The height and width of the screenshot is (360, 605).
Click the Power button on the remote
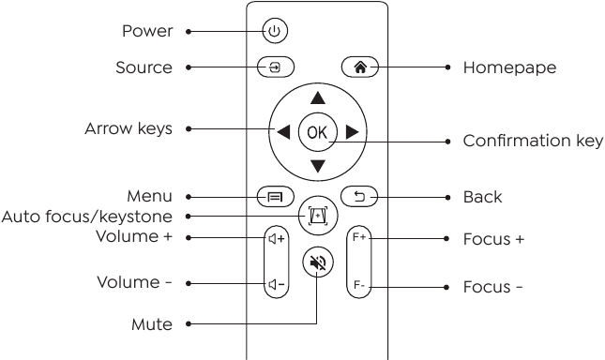(x=273, y=32)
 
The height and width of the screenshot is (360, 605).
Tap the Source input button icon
(x=275, y=68)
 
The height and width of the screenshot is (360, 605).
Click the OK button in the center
(x=317, y=132)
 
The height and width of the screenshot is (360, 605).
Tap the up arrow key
(x=317, y=97)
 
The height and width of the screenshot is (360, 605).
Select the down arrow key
(x=317, y=167)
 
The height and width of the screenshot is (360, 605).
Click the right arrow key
(x=353, y=132)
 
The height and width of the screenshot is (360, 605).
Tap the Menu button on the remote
(x=275, y=197)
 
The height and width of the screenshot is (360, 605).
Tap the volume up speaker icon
(x=276, y=239)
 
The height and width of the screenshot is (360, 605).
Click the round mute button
(x=317, y=264)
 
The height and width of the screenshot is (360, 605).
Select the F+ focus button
(x=359, y=239)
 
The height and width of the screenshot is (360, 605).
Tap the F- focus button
(x=359, y=282)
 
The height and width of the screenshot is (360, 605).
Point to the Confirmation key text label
(x=533, y=142)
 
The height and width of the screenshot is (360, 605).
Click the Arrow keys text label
(x=129, y=128)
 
